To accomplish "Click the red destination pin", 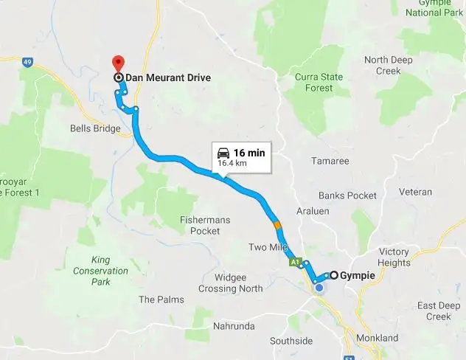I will [116, 63].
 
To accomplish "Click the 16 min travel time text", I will [249, 153].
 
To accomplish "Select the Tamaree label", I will [329, 160].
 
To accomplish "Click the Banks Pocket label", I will [347, 195].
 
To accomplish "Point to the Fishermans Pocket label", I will [200, 225].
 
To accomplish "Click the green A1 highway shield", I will [294, 262].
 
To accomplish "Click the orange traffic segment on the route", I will [277, 224].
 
